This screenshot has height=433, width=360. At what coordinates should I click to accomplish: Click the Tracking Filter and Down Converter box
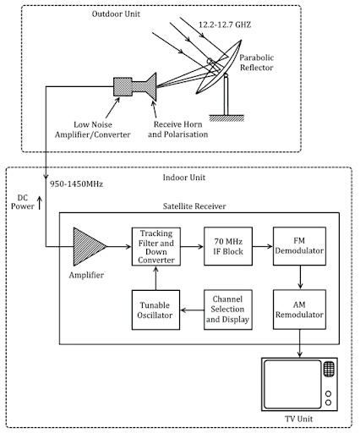(x=156, y=247)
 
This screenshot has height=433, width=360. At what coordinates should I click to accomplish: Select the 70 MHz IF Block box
(x=228, y=246)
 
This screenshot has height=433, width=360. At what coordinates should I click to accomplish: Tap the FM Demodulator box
(x=299, y=246)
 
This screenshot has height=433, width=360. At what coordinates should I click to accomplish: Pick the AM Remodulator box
(x=299, y=310)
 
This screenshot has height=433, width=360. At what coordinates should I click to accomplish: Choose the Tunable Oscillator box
(x=155, y=310)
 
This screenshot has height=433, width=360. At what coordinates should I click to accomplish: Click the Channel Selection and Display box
(x=228, y=310)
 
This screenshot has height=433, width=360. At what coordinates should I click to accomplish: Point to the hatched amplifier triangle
(x=88, y=247)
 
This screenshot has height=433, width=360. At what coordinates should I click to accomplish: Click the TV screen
(x=292, y=384)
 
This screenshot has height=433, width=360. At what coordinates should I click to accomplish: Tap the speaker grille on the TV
(x=329, y=369)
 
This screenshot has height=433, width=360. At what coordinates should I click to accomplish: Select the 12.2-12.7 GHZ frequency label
(x=225, y=25)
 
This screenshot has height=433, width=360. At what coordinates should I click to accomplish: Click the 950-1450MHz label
(x=76, y=184)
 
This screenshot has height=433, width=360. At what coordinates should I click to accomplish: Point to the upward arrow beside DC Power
(x=40, y=203)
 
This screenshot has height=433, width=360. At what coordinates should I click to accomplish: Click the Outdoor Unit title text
(x=116, y=14)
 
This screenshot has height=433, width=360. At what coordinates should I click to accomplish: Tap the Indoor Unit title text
(x=184, y=178)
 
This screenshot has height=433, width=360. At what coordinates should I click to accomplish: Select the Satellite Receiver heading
(x=194, y=206)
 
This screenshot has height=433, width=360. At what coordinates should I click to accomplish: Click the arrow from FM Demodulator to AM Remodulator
(x=300, y=277)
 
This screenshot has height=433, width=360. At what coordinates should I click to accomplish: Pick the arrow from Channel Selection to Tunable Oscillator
(x=192, y=310)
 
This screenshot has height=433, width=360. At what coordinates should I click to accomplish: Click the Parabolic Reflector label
(x=256, y=63)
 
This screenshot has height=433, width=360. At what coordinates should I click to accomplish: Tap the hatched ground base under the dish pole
(x=226, y=118)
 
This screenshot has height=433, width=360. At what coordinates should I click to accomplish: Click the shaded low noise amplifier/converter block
(x=123, y=86)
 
